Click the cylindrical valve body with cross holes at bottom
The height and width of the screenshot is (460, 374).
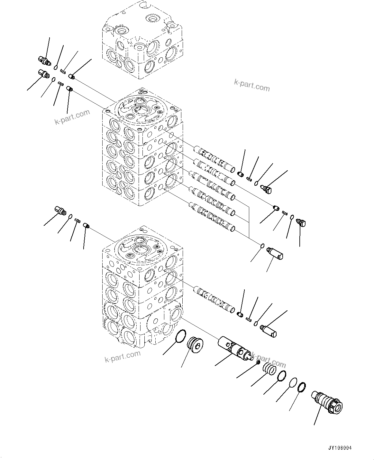point(234,349)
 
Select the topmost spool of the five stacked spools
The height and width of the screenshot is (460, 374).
point(214,159)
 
